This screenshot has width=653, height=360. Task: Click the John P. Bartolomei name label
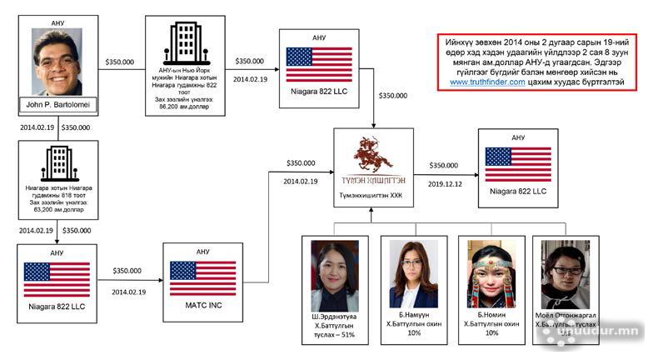(57, 105)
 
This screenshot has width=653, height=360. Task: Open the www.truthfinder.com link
(488, 82)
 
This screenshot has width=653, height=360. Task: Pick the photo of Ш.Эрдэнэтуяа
(334, 276)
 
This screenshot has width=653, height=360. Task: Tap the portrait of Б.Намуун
(413, 276)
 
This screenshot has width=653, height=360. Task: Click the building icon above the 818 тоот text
(57, 162)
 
